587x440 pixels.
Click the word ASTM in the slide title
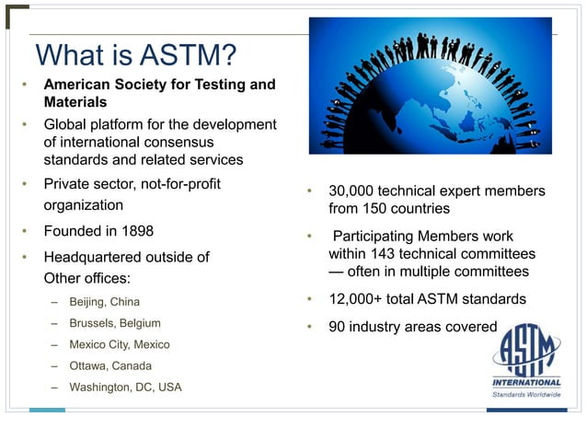[x=185, y=56]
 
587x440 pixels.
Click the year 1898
[x=134, y=230]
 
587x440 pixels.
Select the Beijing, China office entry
[x=105, y=301]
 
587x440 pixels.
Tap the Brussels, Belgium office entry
[x=115, y=323]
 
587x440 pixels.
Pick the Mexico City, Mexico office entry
[x=120, y=344]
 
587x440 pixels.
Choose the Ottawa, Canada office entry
[x=109, y=365]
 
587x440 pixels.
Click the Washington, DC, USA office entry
[x=126, y=387]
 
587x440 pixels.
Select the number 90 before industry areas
[x=338, y=326]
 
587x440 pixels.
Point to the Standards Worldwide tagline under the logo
[x=526, y=395]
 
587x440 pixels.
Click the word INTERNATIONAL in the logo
[x=526, y=382]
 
